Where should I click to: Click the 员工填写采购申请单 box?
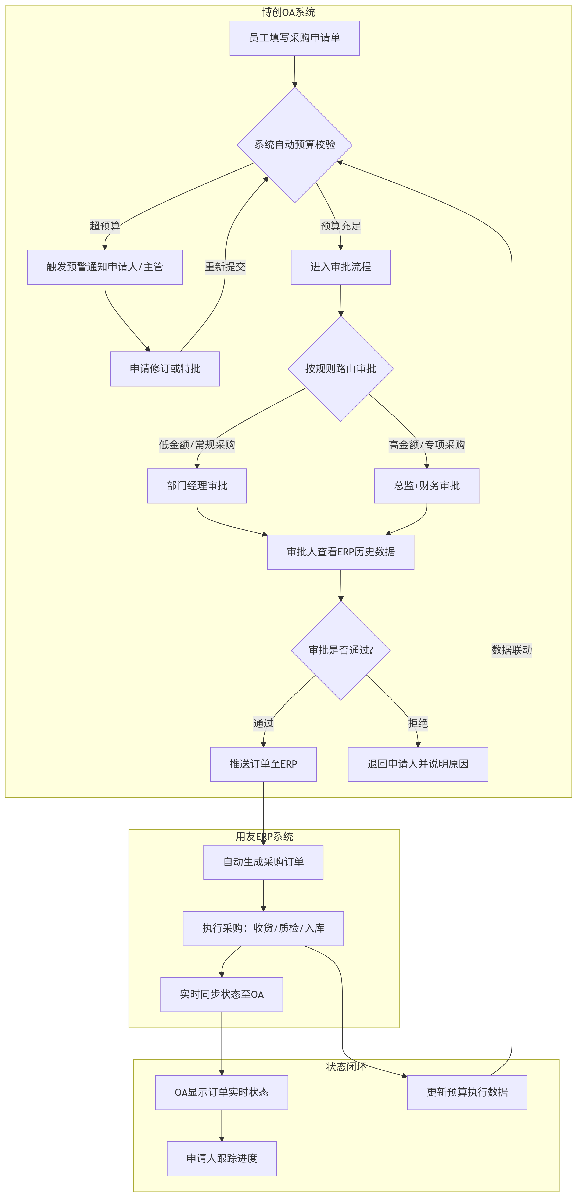pyautogui.click(x=294, y=38)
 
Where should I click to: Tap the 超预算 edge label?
pyautogui.click(x=105, y=226)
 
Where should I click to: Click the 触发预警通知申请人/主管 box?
pyautogui.click(x=105, y=267)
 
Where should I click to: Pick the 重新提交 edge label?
pyautogui.click(x=225, y=267)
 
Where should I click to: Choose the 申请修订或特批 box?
pyautogui.click(x=165, y=369)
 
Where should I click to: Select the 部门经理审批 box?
pyautogui.click(x=197, y=486)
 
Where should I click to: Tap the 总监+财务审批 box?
pyautogui.click(x=427, y=486)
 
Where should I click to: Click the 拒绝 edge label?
pyautogui.click(x=418, y=723)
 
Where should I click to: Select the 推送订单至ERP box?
pyautogui.click(x=263, y=764)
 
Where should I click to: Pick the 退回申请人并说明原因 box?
pyautogui.click(x=418, y=764)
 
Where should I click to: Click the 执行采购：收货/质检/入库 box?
pyautogui.click(x=263, y=928)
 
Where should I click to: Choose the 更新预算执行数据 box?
pyautogui.click(x=467, y=1092)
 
